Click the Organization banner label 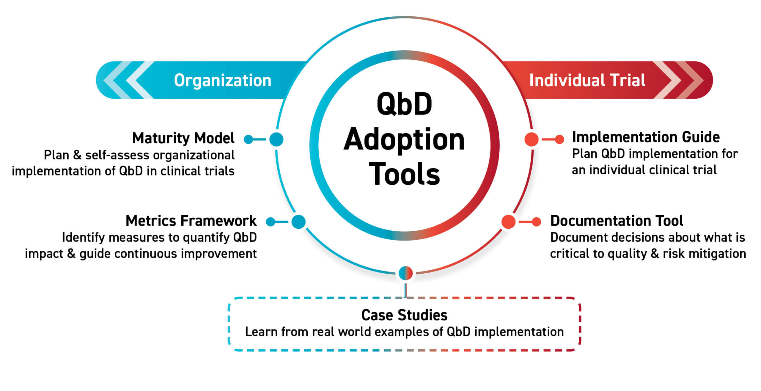[223, 80]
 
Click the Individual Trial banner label [587, 80]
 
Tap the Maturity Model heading [183, 138]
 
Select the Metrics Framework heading [191, 221]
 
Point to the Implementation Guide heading [646, 137]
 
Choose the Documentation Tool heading [617, 221]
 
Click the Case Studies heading [404, 315]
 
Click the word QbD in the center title [404, 104]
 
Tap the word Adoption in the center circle [404, 140]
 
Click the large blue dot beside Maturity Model [276, 139]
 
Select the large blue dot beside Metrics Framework [298, 222]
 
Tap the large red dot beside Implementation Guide [532, 139]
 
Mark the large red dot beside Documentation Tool [508, 222]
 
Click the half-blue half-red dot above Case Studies [405, 273]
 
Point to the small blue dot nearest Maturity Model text [248, 139]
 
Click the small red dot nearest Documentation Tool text [536, 222]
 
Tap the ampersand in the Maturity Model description [77, 155]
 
